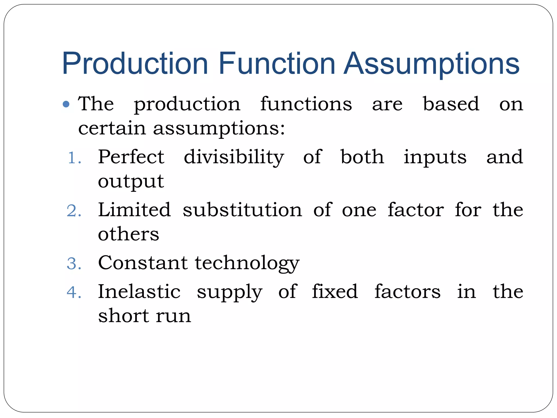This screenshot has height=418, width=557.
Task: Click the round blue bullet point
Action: coord(66,104)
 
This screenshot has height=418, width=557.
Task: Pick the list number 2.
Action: coord(74,211)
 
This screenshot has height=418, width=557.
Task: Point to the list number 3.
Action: coord(74,264)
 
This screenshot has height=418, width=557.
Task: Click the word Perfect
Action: coord(131,157)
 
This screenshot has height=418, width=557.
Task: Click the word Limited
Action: coord(134,210)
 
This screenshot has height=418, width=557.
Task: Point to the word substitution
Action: coord(242,210)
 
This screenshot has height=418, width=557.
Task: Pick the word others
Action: coord(128,234)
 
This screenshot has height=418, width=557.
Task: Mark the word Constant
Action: coord(143,263)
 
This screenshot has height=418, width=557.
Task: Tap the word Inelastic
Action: coord(139,291)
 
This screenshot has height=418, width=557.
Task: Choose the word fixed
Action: coord(335,291)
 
